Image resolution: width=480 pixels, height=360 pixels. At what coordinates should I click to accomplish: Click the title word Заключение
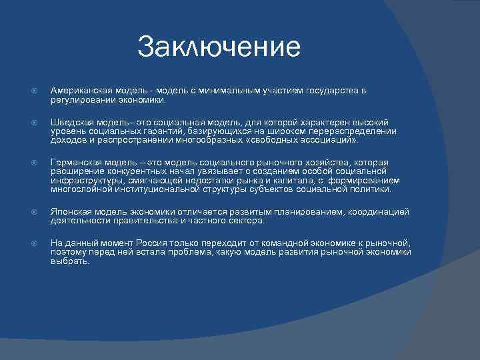219,47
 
